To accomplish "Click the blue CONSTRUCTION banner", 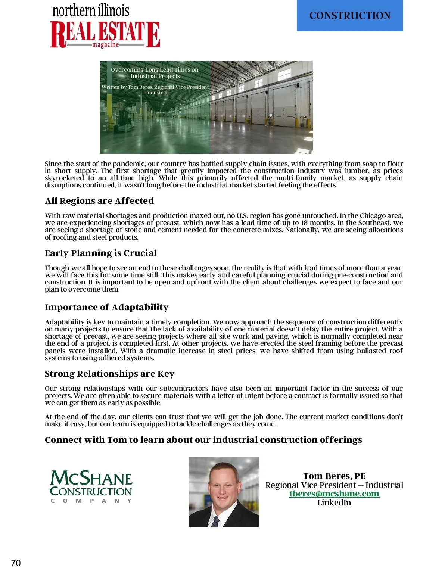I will pos(350,16).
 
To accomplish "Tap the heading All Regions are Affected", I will pos(99,201).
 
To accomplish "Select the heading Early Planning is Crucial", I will pos(101,253).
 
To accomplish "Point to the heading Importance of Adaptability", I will pos(107,307).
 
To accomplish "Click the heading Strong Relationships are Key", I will pos(110,374).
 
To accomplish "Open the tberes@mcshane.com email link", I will pos(334,494).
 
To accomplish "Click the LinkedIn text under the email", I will pos(334,502).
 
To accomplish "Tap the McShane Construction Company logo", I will pos(91,486).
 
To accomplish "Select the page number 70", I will pos(16,563).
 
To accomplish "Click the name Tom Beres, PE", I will pos(334,476).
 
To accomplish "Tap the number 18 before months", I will pos(305,223).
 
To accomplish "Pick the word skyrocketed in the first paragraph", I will pos(64,178).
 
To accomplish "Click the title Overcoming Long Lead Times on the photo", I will pos(155,70).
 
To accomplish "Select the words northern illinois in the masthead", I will pos(91,10).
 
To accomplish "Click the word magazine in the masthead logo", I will pos(106,45).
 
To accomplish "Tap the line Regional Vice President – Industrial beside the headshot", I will pos(334,485).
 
